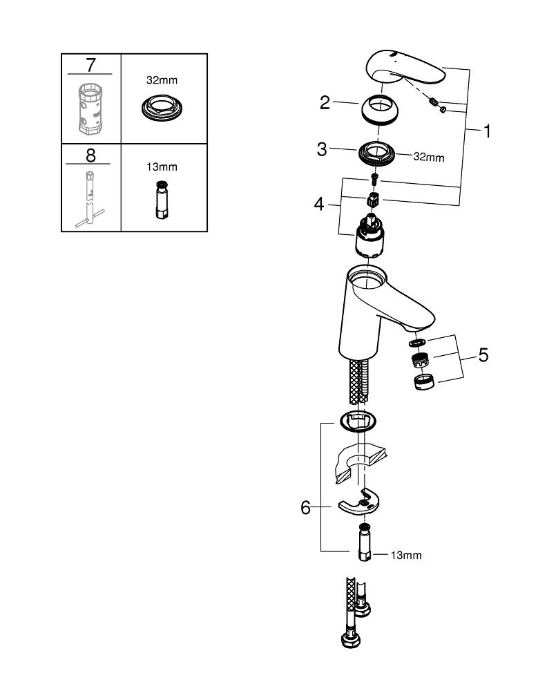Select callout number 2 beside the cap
click(325, 104)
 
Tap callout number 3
click(322, 149)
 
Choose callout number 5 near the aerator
click(483, 355)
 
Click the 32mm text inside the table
click(163, 80)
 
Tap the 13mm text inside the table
click(163, 167)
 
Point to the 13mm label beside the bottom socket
click(406, 555)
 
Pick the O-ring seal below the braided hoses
click(358, 419)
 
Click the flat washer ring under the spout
click(416, 342)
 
